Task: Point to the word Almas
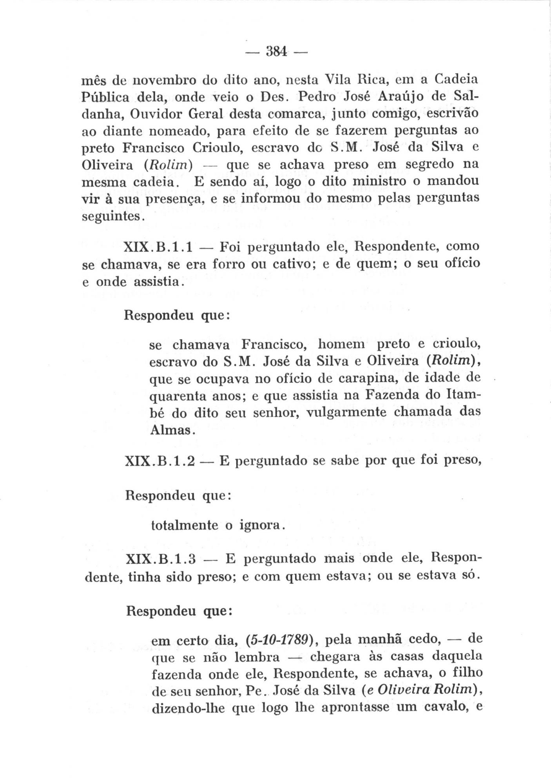170,430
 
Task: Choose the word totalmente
184,525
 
